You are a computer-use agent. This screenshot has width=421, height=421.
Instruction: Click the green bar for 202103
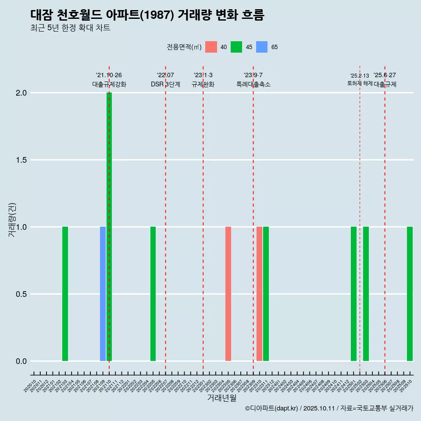click(x=65, y=294)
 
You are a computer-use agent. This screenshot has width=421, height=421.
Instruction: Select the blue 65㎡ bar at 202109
click(x=103, y=294)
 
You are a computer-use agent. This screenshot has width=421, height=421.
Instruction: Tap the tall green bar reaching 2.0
click(x=109, y=227)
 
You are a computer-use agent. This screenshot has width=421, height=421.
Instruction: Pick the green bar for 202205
click(x=153, y=294)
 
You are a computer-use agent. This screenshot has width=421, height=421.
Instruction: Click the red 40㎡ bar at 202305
click(x=228, y=294)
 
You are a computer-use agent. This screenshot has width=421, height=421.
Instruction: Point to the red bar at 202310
click(x=260, y=294)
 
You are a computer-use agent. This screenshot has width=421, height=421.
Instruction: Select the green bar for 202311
click(x=266, y=294)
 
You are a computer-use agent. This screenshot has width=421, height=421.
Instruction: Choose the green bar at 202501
click(x=353, y=294)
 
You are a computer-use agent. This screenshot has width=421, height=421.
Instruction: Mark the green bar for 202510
click(x=410, y=294)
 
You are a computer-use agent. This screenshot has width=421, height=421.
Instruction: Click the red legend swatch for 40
click(x=211, y=47)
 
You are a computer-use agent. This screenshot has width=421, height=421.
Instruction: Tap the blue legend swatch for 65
click(x=262, y=47)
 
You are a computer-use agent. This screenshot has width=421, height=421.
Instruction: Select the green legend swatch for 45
click(x=236, y=47)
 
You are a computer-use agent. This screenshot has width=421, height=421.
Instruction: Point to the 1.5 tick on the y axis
click(x=21, y=160)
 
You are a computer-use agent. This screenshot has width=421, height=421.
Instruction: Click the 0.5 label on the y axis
click(x=21, y=294)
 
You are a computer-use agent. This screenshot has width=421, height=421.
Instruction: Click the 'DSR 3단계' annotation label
click(x=165, y=84)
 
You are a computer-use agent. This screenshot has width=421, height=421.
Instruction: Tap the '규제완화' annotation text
click(x=203, y=84)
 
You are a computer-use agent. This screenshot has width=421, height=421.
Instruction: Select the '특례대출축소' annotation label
click(x=253, y=84)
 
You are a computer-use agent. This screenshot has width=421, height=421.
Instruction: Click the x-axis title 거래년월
click(x=221, y=398)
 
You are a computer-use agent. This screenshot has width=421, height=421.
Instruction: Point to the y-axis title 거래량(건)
click(x=12, y=220)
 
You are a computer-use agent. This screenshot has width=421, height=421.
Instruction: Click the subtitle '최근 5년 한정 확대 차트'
click(x=70, y=28)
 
